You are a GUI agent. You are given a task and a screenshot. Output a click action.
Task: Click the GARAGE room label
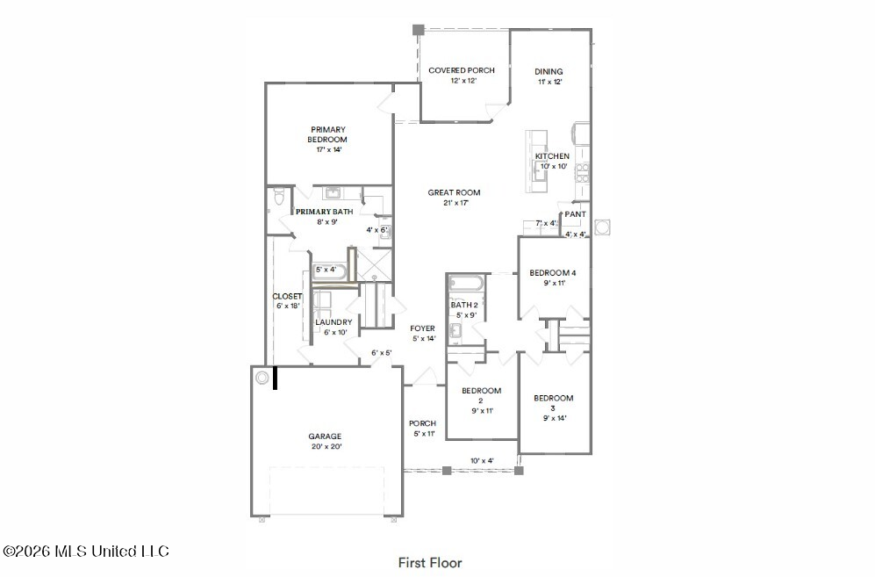point(325,436)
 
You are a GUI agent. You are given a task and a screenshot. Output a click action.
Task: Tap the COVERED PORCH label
point(462,70)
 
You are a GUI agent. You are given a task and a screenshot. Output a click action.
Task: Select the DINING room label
point(549,71)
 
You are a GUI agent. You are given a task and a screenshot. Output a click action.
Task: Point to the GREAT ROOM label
point(455,192)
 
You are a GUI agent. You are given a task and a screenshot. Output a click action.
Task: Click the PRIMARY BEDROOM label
point(328,134)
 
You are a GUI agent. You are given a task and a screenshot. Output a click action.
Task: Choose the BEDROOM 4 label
point(552,273)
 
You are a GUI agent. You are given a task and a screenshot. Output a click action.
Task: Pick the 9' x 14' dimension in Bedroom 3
point(555,418)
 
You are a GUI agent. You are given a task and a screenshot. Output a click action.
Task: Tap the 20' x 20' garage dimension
point(326,446)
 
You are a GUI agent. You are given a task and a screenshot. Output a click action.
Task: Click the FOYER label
point(422,328)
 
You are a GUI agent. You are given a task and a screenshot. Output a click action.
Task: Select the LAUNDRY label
point(334,322)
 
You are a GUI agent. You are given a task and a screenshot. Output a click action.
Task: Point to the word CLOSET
point(287,296)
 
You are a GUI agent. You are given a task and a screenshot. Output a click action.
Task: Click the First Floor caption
point(430,562)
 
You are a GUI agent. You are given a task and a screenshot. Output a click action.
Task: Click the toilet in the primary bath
point(279,198)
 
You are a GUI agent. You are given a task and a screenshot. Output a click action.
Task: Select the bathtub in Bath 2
point(466,283)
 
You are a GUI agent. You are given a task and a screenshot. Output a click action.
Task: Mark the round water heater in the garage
point(262,379)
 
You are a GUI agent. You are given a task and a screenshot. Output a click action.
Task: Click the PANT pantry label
point(576,214)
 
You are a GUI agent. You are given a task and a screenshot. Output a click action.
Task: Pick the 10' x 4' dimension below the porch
point(482,461)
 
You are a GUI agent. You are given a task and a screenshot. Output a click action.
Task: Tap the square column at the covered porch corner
point(418,30)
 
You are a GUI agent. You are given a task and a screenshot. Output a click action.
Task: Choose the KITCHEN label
point(552,156)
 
